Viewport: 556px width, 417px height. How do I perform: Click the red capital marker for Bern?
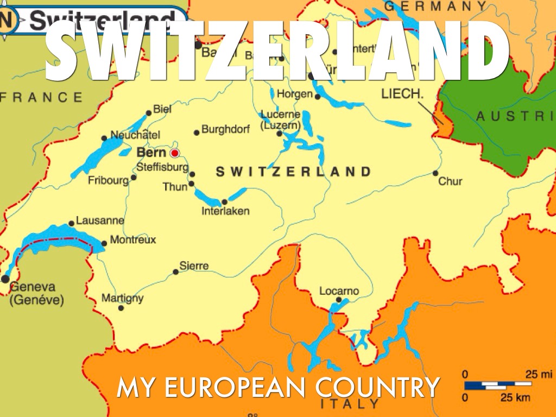[175, 153]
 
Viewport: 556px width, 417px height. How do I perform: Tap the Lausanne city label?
[100, 221]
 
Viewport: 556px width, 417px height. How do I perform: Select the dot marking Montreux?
[104, 244]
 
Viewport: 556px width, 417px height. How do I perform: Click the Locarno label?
[339, 291]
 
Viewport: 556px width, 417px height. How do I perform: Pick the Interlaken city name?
[225, 211]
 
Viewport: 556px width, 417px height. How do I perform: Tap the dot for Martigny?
[121, 308]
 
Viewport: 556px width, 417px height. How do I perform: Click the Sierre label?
[194, 266]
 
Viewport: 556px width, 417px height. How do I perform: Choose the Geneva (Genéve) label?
[36, 293]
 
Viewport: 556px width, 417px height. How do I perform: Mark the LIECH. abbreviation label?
[402, 94]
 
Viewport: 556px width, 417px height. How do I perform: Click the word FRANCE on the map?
[41, 98]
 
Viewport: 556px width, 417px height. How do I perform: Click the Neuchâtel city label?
[135, 135]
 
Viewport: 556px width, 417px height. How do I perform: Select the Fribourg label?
[108, 180]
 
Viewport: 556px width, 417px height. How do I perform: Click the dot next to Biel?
[149, 113]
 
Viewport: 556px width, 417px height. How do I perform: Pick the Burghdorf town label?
[225, 129]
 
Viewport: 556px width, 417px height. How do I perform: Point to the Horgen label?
[295, 94]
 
